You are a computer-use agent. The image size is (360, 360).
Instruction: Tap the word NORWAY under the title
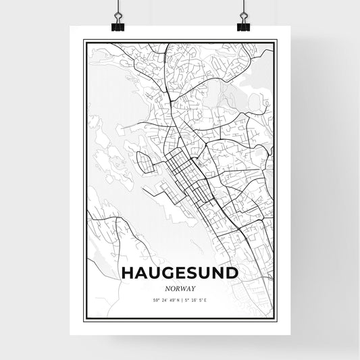point(180,286)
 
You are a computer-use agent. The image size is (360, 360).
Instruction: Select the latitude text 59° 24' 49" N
point(162,299)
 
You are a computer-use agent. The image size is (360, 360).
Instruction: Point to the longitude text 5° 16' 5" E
point(199,299)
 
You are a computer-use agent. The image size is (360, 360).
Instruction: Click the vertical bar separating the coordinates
point(181,299)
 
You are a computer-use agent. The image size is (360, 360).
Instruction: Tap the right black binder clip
point(242,26)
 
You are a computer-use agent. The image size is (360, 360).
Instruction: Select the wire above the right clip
point(242,8)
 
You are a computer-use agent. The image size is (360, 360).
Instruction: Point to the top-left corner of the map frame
point(84,40)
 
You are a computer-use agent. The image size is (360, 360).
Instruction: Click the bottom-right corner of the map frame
point(276,320)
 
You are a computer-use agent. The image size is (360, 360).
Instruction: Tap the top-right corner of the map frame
point(276,40)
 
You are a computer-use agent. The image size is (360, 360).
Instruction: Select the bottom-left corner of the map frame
point(84,320)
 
